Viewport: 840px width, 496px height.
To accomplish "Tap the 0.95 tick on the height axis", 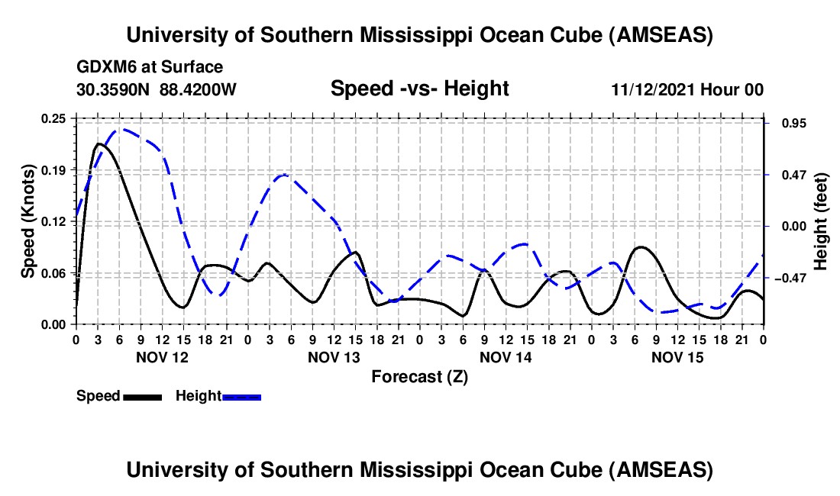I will point(790,124).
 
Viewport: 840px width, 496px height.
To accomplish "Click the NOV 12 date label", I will point(161,357).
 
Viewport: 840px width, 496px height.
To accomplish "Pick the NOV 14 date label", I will point(505,357).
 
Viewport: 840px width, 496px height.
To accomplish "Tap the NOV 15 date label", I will point(677,357).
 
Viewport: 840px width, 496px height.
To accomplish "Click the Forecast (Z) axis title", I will point(419,376).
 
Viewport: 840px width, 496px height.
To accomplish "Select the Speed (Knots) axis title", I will point(28,221).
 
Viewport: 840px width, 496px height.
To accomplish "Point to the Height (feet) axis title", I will point(821,221).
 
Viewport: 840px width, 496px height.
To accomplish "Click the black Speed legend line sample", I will point(142,397).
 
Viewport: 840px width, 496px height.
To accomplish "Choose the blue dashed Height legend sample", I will point(241,397).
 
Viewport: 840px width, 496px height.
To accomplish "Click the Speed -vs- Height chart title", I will point(419,89).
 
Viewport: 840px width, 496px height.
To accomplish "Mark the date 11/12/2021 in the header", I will point(653,89).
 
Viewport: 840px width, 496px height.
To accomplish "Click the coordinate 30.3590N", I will point(114,89).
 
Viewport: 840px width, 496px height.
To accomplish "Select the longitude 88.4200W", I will point(198,89).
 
